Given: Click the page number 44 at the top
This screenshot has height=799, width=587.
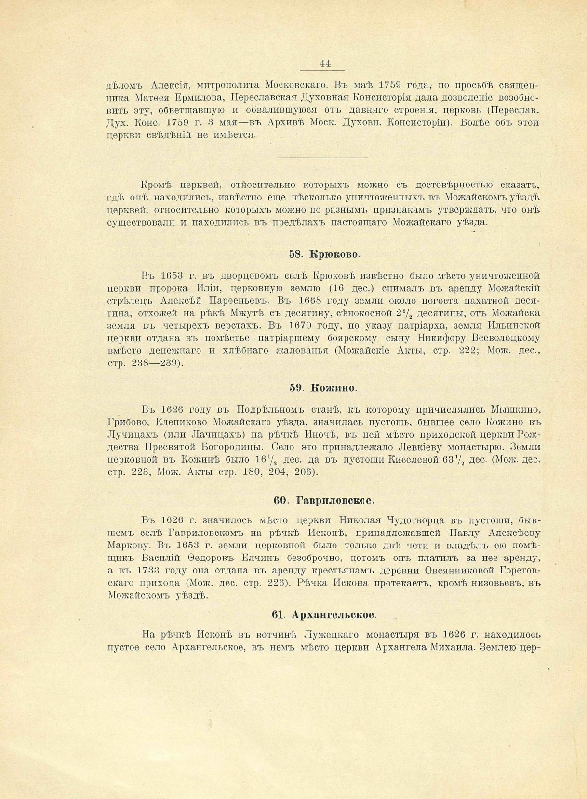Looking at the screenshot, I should coord(324,63).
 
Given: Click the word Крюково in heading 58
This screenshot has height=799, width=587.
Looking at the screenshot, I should coord(334,254).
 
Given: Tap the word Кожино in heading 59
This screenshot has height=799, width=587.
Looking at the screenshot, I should coord(334,388).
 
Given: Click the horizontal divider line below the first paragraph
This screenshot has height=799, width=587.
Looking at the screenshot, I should coord(323,157).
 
